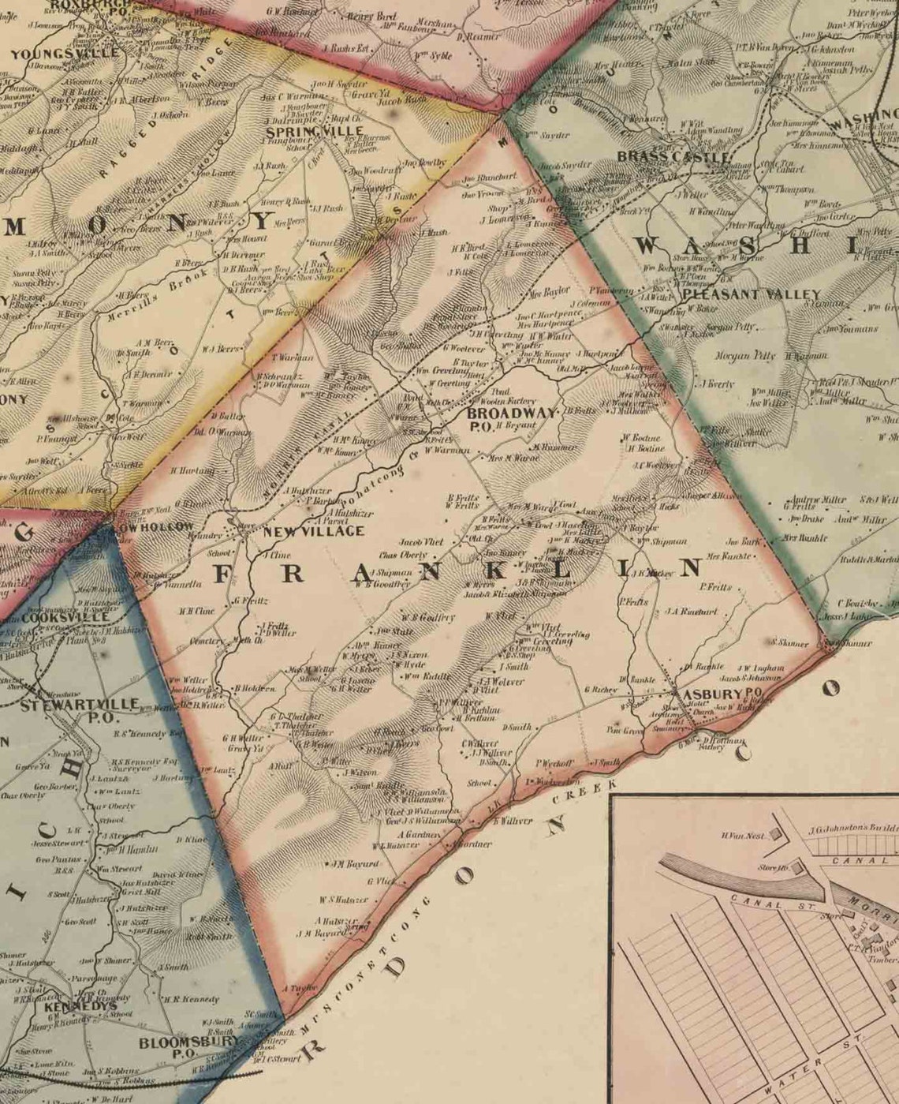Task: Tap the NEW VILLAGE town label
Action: pyautogui.click(x=314, y=531)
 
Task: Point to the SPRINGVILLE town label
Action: pyautogui.click(x=315, y=131)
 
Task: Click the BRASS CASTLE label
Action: pyautogui.click(x=673, y=157)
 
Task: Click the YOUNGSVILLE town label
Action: pyautogui.click(x=65, y=54)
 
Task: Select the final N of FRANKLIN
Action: pyautogui.click(x=691, y=567)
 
